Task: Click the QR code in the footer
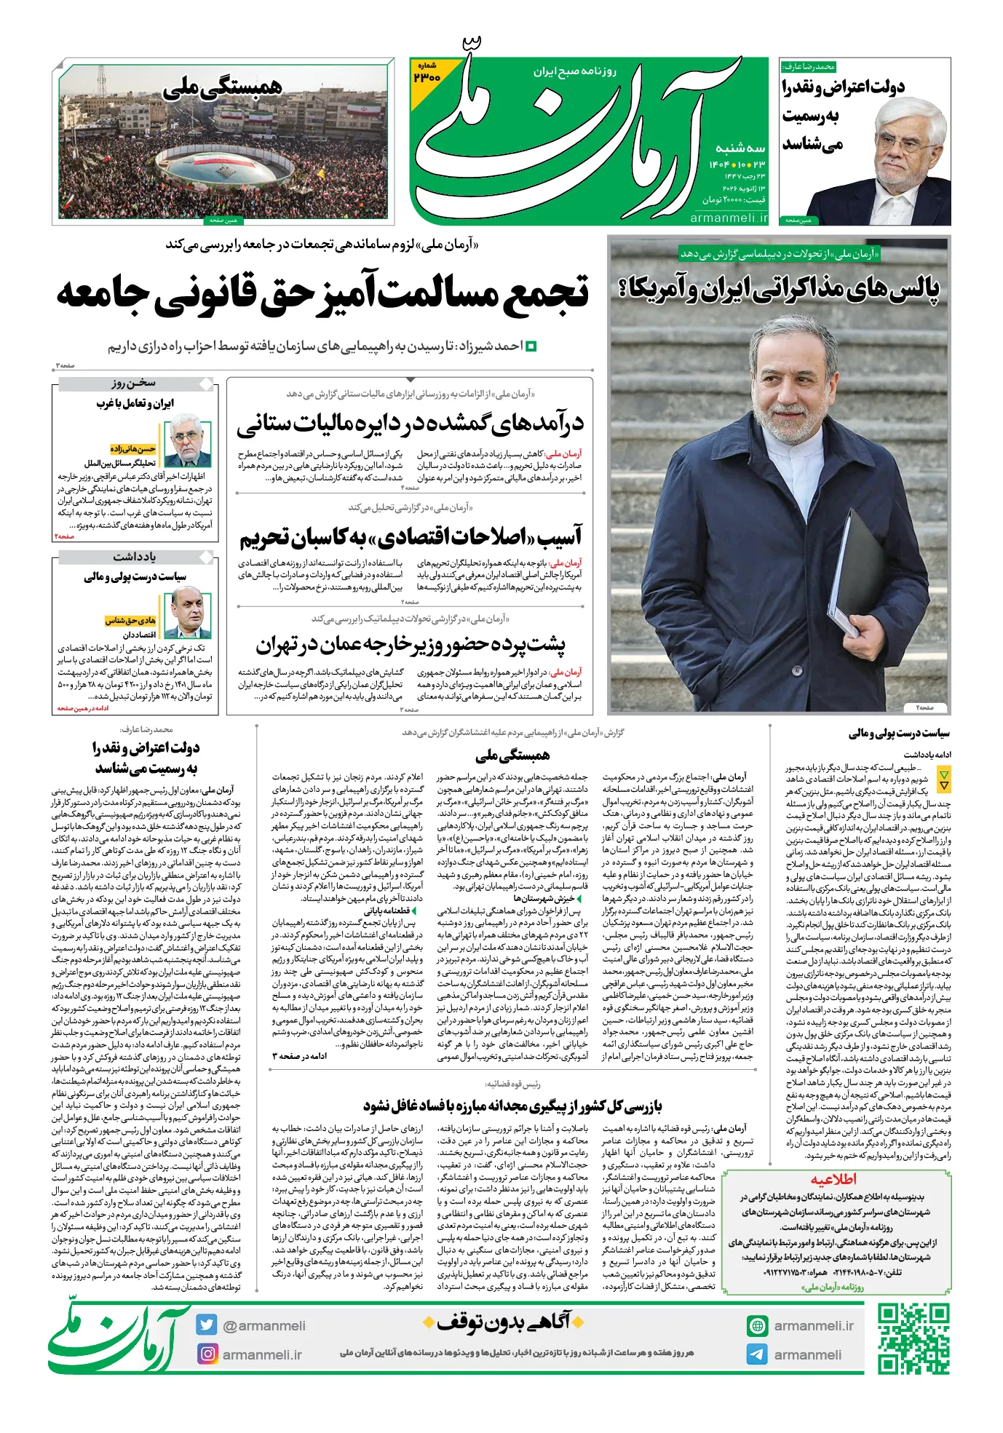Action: pos(913,1338)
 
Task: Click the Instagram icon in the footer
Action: pos(207,1354)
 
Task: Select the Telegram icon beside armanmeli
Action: pos(757,1354)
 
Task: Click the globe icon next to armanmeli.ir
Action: pos(757,1325)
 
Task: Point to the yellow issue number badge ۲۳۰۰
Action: pos(427,74)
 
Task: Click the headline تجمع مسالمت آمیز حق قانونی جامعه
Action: pos(322,293)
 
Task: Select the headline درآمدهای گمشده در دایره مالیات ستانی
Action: pos(410,423)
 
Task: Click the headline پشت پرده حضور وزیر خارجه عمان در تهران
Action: pos(410,644)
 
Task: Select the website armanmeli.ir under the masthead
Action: pos(728,218)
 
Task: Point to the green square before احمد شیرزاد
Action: pos(531,346)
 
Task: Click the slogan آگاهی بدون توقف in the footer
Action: pos(504,1321)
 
